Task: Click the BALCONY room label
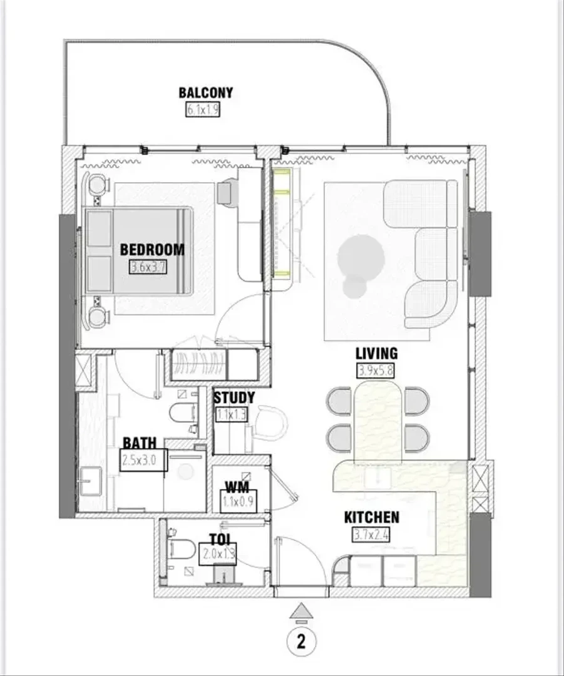(x=206, y=93)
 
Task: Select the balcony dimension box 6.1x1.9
(x=203, y=110)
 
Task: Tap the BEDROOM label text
(x=152, y=250)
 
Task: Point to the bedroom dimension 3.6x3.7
(x=148, y=267)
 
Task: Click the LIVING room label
(x=376, y=354)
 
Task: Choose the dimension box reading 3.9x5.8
(x=376, y=371)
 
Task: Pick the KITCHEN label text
(x=372, y=518)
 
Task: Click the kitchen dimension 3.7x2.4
(x=371, y=535)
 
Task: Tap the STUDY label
(x=234, y=397)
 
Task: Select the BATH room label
(x=139, y=443)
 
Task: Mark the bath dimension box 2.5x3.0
(x=143, y=460)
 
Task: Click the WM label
(x=238, y=488)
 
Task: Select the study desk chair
(x=270, y=423)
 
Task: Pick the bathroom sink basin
(x=91, y=481)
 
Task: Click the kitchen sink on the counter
(x=377, y=476)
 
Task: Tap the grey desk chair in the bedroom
(x=227, y=192)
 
